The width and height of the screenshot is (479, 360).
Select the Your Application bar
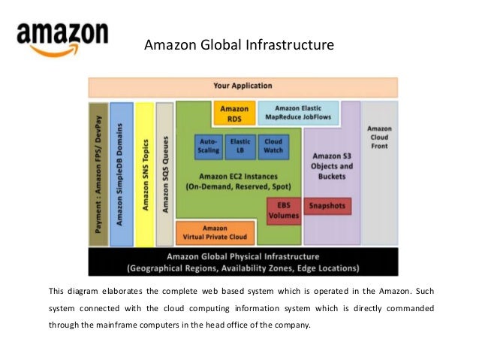click(x=243, y=86)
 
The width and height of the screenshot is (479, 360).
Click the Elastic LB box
click(x=240, y=146)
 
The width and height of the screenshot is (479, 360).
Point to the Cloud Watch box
click(x=272, y=146)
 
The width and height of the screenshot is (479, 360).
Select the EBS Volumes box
click(x=284, y=210)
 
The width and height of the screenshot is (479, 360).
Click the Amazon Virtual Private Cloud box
click(x=215, y=232)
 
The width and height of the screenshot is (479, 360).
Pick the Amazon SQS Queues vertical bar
click(x=165, y=174)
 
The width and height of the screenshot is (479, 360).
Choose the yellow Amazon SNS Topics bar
click(x=145, y=174)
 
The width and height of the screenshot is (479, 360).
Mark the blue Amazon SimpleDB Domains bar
click(x=121, y=174)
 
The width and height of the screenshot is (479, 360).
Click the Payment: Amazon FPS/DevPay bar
click(x=98, y=174)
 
